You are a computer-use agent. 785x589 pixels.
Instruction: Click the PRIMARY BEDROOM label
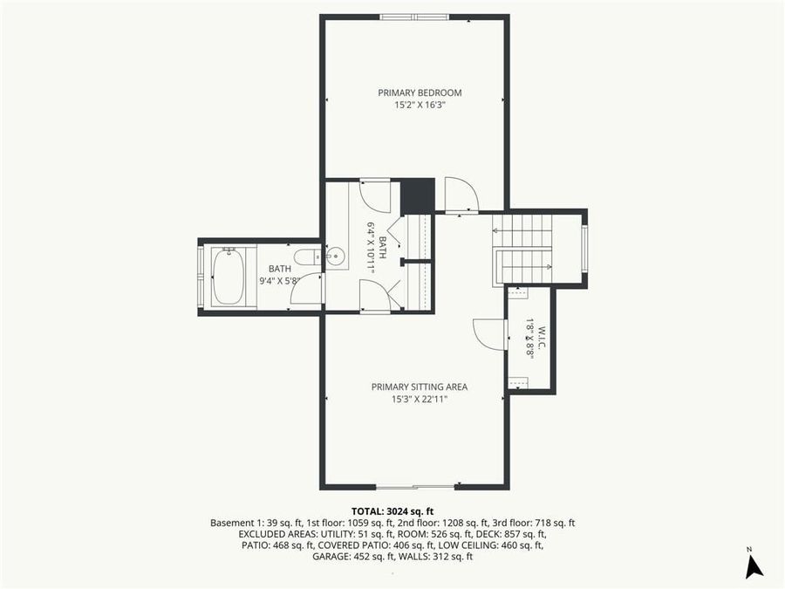(x=420, y=92)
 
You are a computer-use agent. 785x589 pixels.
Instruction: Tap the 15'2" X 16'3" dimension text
(x=420, y=106)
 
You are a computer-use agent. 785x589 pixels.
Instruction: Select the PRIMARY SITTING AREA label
(x=420, y=387)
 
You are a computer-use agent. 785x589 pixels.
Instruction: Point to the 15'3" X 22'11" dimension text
(x=420, y=400)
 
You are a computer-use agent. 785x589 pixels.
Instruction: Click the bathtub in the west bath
(x=229, y=277)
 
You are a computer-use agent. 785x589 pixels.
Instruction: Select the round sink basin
(x=336, y=257)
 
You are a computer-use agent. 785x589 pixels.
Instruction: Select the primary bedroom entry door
(x=460, y=196)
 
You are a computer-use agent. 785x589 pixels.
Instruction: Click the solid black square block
(x=417, y=195)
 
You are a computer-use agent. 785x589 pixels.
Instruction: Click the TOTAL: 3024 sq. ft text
(x=392, y=510)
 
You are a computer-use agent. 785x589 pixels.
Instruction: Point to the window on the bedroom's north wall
(x=415, y=16)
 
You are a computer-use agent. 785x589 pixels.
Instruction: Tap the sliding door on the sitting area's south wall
(x=415, y=486)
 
